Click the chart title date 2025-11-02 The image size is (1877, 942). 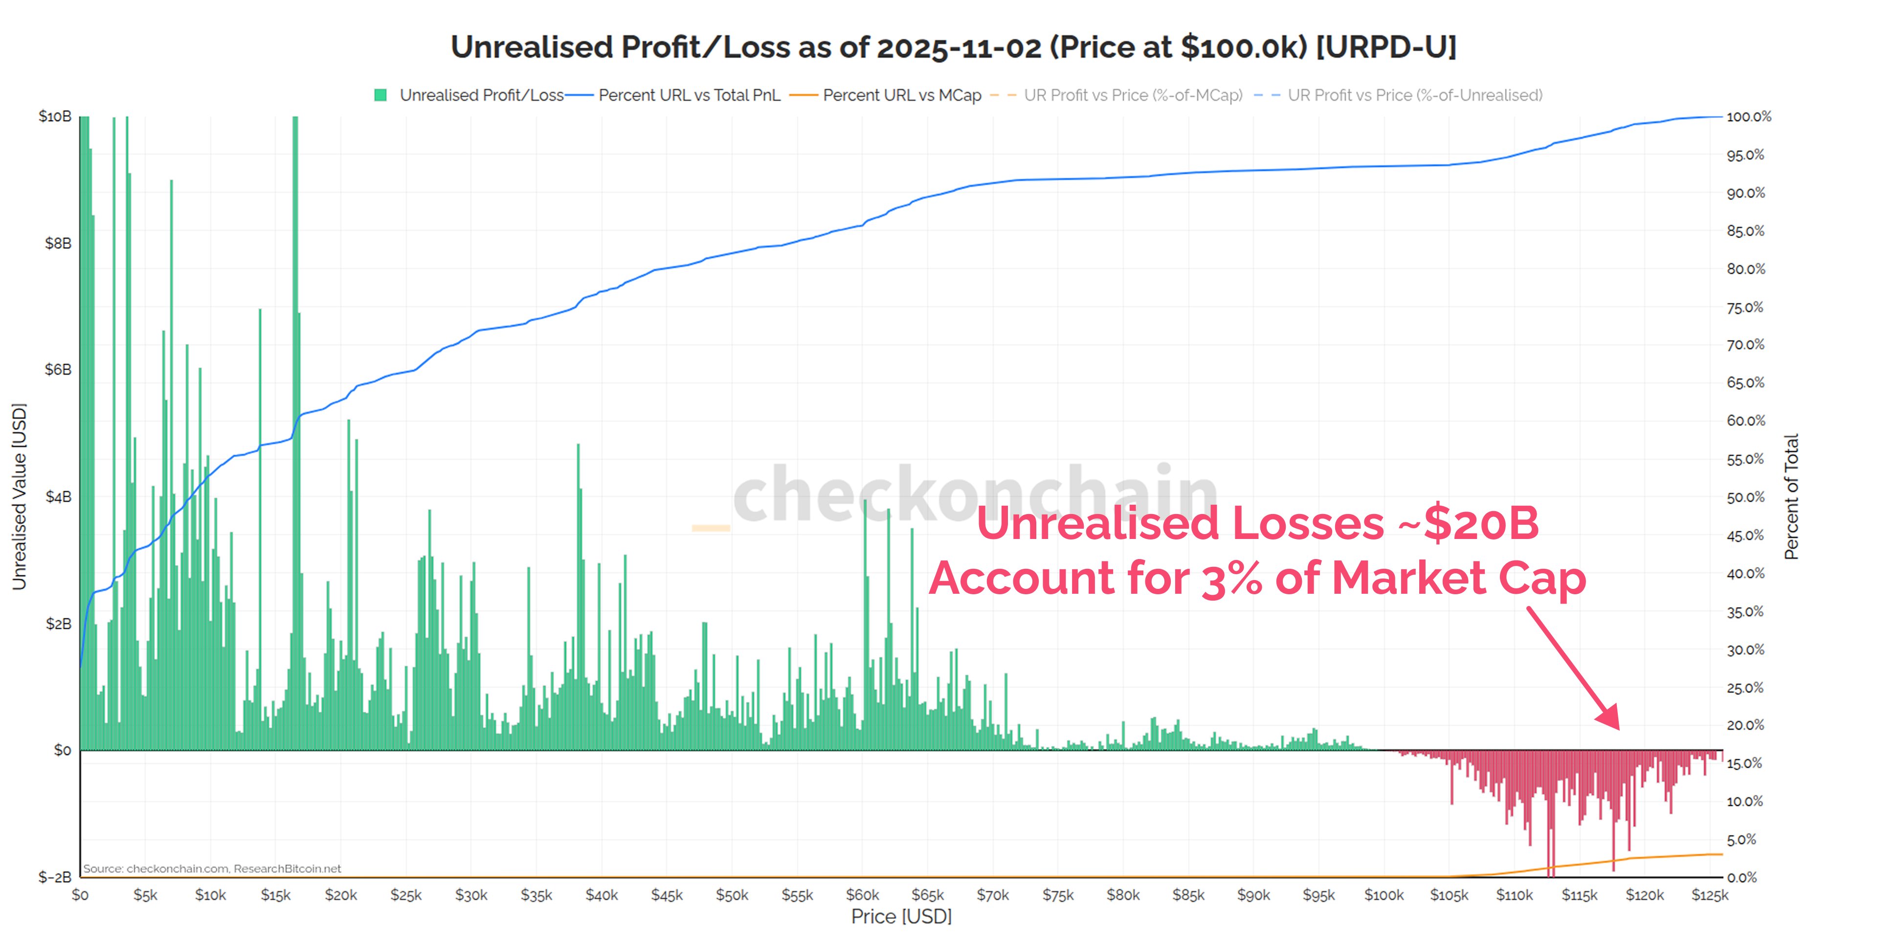pyautogui.click(x=959, y=47)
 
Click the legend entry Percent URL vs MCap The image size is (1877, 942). pyautogui.click(x=901, y=95)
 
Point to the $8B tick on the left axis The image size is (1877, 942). pyautogui.click(x=58, y=244)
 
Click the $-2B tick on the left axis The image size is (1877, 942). pyautogui.click(x=55, y=877)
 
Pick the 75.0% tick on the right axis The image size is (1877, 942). pyautogui.click(x=1745, y=308)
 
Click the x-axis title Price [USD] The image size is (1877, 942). pyautogui.click(x=901, y=917)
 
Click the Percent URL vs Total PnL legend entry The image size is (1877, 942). pyautogui.click(x=689, y=95)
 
